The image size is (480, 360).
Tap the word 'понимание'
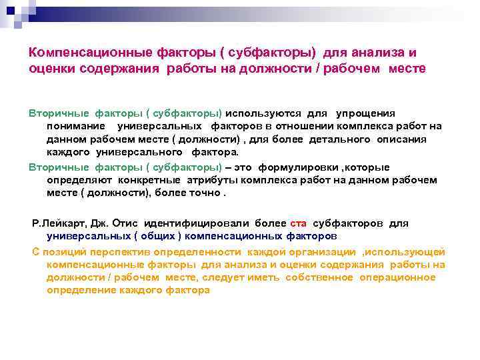pyautogui.click(x=75, y=126)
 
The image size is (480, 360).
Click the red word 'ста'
pyautogui.click(x=298, y=223)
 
